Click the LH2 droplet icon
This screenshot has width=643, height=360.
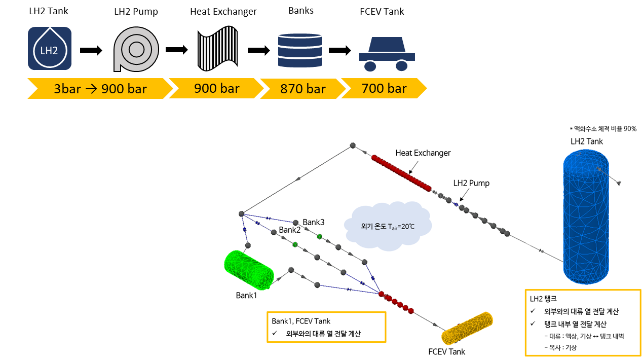(x=49, y=48)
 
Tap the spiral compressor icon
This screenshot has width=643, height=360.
(x=136, y=49)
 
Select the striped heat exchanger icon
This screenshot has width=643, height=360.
(x=217, y=48)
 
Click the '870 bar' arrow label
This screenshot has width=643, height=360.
(x=302, y=89)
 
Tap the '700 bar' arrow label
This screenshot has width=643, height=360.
(x=384, y=88)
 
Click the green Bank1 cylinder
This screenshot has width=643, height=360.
(x=249, y=267)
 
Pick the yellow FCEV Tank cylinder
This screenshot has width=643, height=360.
(x=467, y=329)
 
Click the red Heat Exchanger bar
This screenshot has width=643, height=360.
(x=401, y=173)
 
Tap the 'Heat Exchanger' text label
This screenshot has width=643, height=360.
(x=423, y=153)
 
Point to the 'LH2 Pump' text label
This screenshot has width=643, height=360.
(x=471, y=183)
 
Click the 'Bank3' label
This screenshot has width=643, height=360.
(x=313, y=222)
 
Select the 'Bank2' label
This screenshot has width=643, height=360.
(x=289, y=230)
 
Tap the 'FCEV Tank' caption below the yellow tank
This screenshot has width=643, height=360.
(x=446, y=351)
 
